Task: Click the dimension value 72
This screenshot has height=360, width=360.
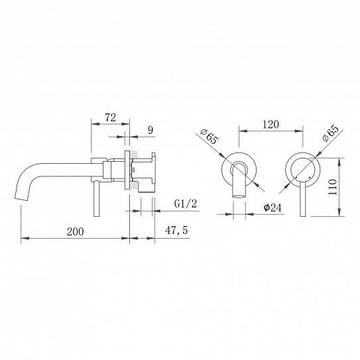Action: (x=111, y=118)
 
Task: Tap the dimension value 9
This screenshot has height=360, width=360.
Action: (x=150, y=130)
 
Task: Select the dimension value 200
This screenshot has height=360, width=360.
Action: (x=76, y=231)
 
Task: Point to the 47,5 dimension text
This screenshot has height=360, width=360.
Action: (x=176, y=230)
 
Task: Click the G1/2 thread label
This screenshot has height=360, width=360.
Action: (x=186, y=204)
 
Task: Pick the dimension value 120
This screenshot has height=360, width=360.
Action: (x=270, y=125)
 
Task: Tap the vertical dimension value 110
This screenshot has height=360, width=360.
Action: (x=332, y=187)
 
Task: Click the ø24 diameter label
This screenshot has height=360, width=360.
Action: (x=272, y=208)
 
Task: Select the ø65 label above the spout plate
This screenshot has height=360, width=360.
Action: (x=209, y=137)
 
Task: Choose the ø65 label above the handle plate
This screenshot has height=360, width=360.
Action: (x=330, y=133)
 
